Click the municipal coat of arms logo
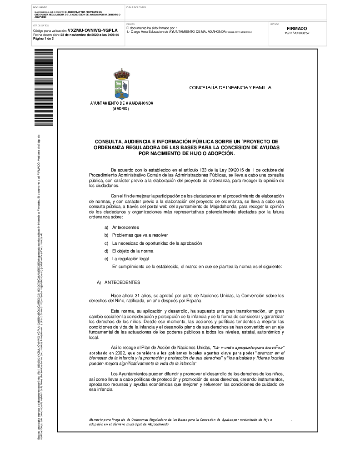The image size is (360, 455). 121,84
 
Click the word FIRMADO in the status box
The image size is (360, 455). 297,28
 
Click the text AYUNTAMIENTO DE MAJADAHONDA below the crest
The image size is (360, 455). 121,103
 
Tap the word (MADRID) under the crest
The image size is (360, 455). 120,109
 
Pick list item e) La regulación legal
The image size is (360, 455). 130,258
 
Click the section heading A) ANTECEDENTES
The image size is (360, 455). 119,283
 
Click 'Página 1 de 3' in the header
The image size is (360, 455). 44,38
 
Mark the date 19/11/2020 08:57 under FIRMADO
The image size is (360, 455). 297,33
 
